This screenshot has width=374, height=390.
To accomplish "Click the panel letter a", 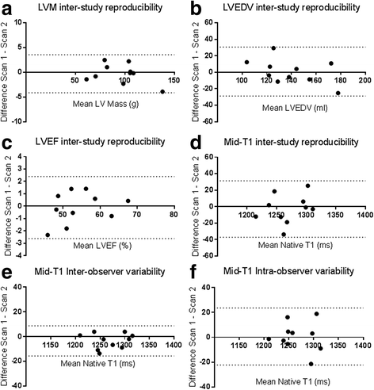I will tap(7, 9).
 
